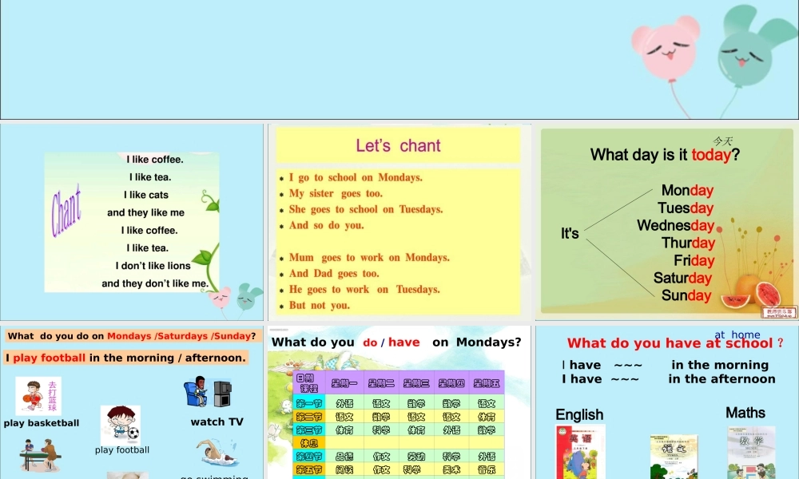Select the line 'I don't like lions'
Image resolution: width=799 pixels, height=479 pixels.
click(153, 266)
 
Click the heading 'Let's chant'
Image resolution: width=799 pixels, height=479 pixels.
click(398, 145)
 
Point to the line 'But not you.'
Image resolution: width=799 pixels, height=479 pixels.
click(320, 305)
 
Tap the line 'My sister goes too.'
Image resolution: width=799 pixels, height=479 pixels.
click(336, 193)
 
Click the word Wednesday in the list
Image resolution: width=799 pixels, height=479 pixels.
click(675, 225)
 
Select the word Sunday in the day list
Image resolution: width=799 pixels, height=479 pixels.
click(686, 295)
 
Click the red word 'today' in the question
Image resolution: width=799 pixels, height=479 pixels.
click(711, 155)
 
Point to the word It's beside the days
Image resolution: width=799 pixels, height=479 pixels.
click(570, 233)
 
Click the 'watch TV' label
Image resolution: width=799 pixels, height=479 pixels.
click(217, 422)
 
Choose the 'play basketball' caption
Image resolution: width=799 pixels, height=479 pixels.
click(42, 423)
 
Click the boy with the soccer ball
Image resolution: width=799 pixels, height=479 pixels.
click(121, 424)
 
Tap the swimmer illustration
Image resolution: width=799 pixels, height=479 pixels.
click(215, 452)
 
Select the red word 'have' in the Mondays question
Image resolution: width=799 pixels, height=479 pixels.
click(403, 342)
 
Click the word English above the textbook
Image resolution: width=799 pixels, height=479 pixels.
click(579, 414)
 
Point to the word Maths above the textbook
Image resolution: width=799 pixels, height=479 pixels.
click(745, 413)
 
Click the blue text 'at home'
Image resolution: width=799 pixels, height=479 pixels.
click(737, 335)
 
